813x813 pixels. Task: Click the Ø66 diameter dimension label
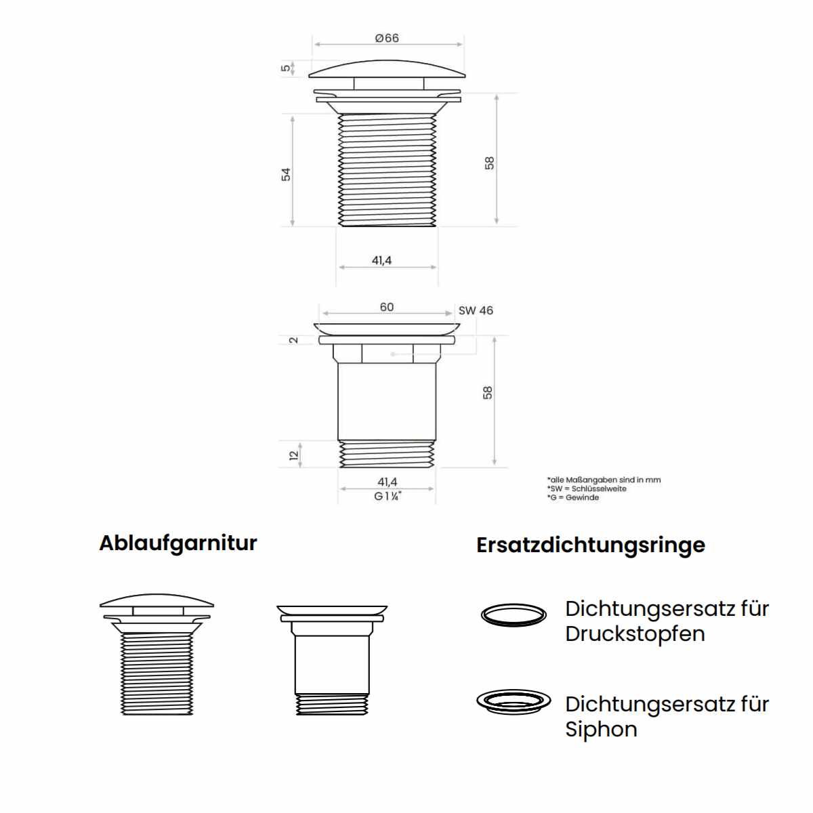tap(386, 38)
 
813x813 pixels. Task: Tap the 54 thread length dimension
tap(286, 174)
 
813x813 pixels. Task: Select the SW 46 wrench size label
tap(476, 310)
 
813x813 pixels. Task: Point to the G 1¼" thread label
tap(388, 496)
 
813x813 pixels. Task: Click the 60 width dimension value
tap(386, 307)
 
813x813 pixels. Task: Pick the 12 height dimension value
tap(294, 455)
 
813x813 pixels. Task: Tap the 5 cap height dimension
tap(286, 68)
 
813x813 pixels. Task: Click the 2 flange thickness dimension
tap(293, 340)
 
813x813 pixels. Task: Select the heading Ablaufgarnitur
tap(178, 544)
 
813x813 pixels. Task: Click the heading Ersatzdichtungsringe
tap(591, 545)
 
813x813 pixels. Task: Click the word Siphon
tap(601, 730)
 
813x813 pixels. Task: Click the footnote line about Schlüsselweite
tap(587, 488)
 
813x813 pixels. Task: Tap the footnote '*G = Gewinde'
tap(573, 497)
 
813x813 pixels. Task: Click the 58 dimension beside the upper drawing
tap(489, 163)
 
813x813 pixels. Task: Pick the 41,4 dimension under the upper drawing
tap(381, 260)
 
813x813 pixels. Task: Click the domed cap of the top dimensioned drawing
tap(387, 69)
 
